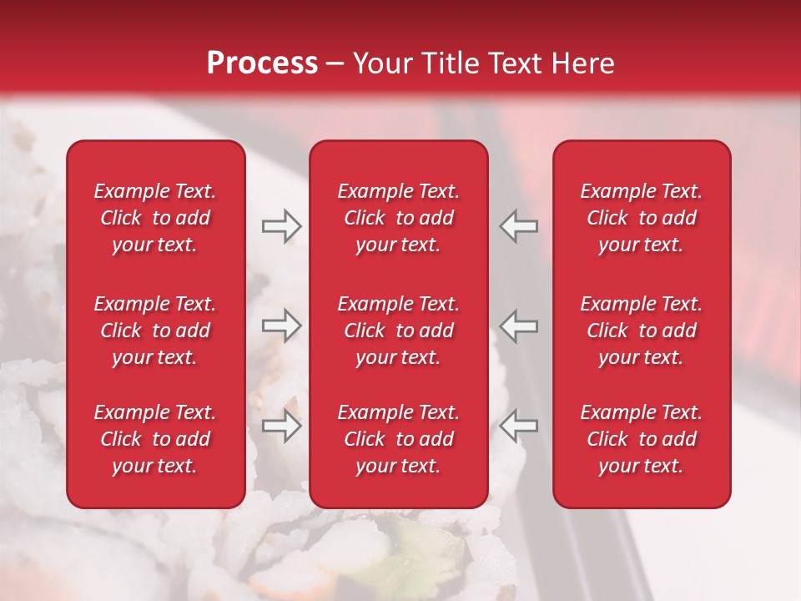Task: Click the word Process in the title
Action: pos(262,63)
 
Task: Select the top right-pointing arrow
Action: pos(282,226)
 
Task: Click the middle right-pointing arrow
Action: pos(282,326)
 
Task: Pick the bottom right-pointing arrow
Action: pos(282,426)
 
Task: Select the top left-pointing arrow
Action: pos(518,226)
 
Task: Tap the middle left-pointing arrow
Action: pos(518,326)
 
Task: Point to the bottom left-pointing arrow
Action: pos(518,426)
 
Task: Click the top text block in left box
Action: pos(155,218)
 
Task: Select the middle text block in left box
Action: pos(155,331)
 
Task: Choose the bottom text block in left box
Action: pos(155,439)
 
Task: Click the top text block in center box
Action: pos(399,218)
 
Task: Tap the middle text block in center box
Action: pos(399,331)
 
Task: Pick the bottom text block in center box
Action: pos(399,439)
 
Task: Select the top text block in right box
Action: pos(642,218)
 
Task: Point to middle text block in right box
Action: pos(642,331)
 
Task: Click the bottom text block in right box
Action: pos(642,439)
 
